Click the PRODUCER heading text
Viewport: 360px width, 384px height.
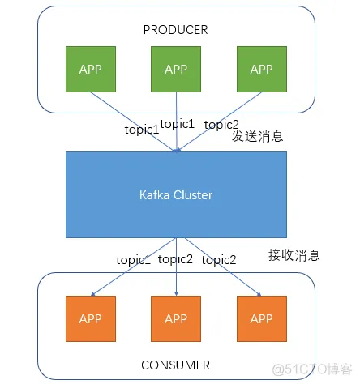175,30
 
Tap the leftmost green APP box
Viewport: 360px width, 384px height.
90,69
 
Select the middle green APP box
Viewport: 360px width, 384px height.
176,69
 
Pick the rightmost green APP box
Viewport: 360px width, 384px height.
261,69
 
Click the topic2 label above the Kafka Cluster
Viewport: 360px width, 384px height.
221,124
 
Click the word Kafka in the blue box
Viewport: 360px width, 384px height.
154,195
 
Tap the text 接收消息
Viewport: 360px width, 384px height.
294,255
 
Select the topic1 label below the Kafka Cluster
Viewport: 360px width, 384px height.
133,259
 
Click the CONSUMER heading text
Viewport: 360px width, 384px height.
176,365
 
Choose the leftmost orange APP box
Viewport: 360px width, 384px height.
90,318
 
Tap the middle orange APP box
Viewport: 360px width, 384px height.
176,318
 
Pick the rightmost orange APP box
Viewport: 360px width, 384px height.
261,318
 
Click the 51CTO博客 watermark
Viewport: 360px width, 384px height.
311,369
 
